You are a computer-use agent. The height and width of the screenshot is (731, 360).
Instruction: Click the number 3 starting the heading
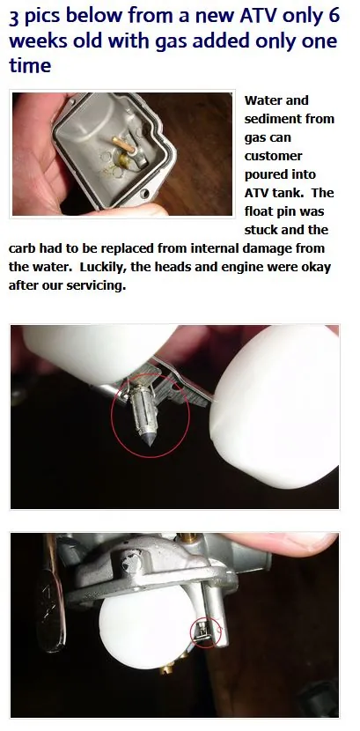coord(14,18)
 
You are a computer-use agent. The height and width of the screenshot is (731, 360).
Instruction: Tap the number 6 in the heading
coord(332,17)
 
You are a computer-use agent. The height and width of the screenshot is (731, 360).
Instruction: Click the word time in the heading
coord(30,64)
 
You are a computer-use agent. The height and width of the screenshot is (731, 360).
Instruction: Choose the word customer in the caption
coord(274,156)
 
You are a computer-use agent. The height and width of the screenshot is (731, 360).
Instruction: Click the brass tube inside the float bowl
coord(123,144)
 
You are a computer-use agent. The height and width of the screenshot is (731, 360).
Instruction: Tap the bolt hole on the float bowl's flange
coord(146,193)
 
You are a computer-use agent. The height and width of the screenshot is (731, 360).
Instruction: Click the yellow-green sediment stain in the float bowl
coord(123,161)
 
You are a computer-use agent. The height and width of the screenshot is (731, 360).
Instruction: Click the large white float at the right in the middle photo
coord(276,406)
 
